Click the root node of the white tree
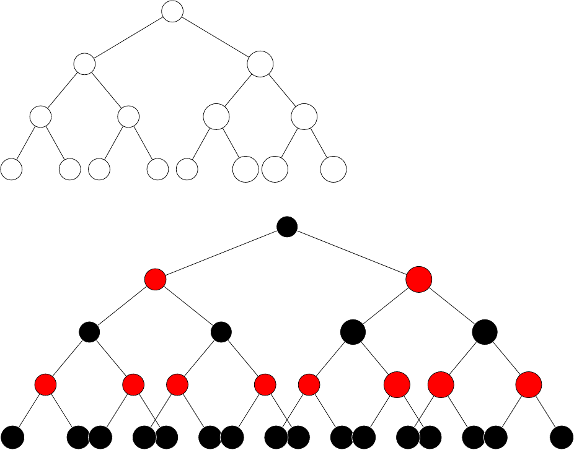click(x=172, y=11)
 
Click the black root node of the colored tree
click(x=286, y=227)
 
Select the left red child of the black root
click(x=155, y=280)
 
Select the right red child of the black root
click(x=418, y=280)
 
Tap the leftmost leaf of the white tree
click(x=11, y=168)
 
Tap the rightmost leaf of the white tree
click(x=333, y=169)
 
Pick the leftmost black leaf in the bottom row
click(x=12, y=438)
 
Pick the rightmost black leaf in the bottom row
click(x=562, y=438)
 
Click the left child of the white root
click(x=84, y=63)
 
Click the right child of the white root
click(x=260, y=64)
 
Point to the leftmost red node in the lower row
click(x=45, y=385)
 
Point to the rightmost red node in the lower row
click(x=529, y=385)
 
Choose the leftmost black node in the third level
click(x=89, y=332)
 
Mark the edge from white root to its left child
click(x=128, y=37)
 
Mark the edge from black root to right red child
click(x=352, y=253)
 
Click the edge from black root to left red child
click(x=221, y=253)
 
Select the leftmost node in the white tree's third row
click(x=40, y=116)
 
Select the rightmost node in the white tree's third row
click(x=304, y=116)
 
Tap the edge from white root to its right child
click(x=216, y=37)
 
